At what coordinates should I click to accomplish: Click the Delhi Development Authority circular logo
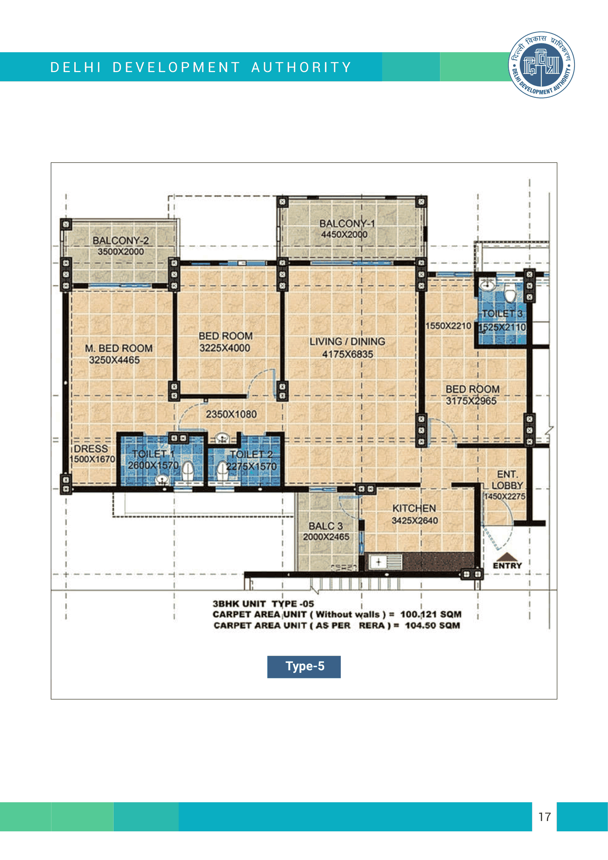541,65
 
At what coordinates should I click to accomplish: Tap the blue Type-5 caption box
304,667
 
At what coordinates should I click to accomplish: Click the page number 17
545,817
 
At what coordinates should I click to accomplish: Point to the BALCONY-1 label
347,223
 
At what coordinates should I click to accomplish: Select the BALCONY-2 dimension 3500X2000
121,251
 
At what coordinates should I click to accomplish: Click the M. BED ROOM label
119,348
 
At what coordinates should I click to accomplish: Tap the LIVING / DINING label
347,341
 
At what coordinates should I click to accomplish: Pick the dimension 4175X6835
348,354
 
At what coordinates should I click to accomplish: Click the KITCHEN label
414,508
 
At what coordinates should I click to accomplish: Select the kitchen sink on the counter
386,562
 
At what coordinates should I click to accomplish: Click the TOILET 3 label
502,314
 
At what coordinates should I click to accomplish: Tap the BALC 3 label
325,526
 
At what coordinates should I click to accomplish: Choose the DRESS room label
91,449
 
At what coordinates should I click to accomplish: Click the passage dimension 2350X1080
231,414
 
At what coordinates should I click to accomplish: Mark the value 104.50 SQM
432,625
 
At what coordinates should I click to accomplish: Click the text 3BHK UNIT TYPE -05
263,604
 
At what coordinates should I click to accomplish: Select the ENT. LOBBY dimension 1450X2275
505,496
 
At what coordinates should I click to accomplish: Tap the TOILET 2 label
251,454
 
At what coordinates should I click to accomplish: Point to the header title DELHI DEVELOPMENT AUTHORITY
201,67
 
